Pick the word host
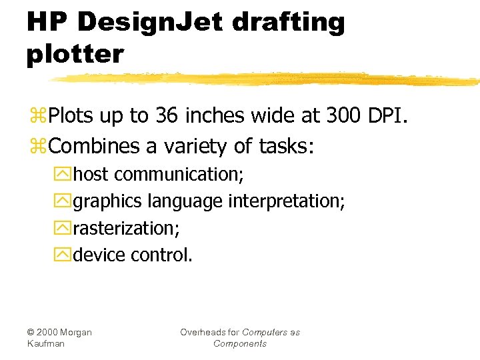click(91, 175)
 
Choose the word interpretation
click(287, 201)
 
